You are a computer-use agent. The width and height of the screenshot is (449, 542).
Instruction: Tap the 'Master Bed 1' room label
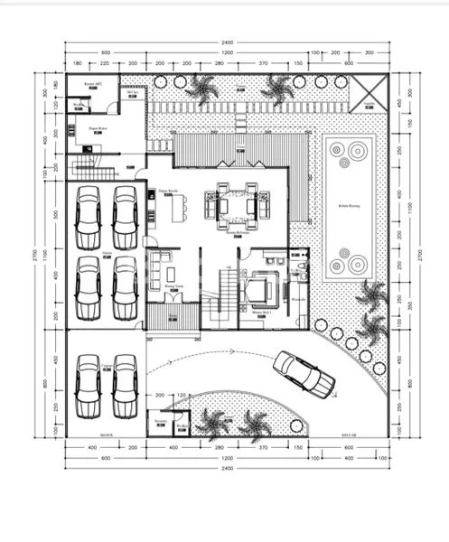263,313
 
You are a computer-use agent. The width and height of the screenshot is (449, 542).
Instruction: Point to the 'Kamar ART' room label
92,83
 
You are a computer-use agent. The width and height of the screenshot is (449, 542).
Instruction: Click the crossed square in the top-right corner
369,91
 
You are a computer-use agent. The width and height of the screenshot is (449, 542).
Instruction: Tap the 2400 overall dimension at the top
227,42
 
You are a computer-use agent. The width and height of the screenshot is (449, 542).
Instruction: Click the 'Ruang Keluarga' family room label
238,232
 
